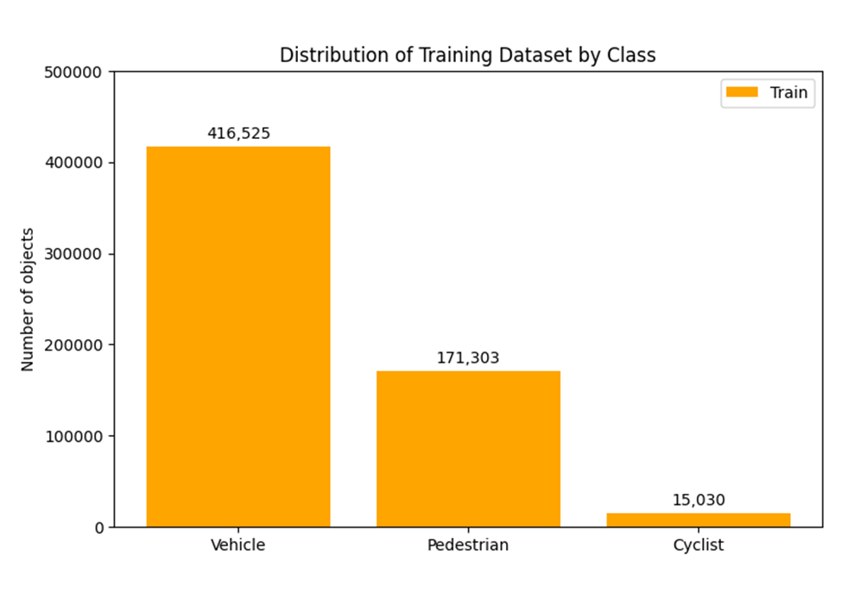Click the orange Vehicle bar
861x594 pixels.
[x=237, y=337]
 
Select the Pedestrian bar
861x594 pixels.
[x=468, y=449]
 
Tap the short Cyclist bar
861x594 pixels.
[x=698, y=520]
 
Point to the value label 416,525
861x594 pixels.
[x=238, y=134]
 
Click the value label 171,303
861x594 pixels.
[x=468, y=358]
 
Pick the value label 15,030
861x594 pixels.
[x=699, y=500]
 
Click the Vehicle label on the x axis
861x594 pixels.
[x=237, y=546]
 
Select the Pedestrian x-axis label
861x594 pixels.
[x=468, y=546]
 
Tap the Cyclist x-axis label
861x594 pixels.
[x=698, y=546]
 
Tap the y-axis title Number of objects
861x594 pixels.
[x=28, y=300]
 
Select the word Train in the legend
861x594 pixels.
[x=789, y=93]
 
